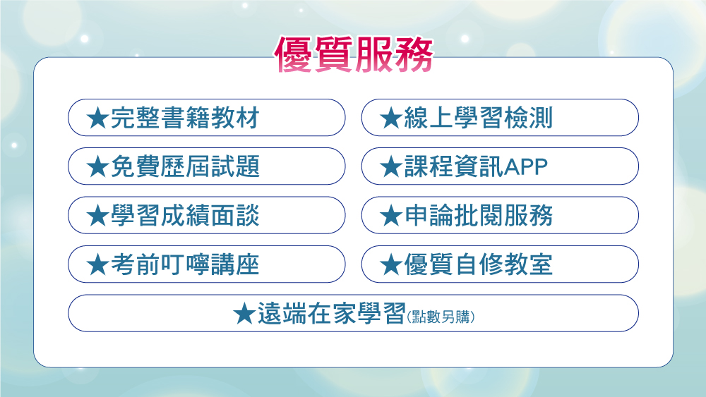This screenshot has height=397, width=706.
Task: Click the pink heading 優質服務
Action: [x=354, y=54]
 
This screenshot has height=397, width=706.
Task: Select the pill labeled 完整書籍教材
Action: [x=207, y=117]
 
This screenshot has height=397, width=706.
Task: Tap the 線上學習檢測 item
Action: [x=500, y=117]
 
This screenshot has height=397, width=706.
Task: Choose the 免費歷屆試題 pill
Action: [x=207, y=166]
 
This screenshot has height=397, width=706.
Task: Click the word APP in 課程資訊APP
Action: [x=526, y=167]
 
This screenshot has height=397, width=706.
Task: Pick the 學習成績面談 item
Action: [x=207, y=215]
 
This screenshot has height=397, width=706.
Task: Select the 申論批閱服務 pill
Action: [x=500, y=215]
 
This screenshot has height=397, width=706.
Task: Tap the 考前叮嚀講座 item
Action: [x=207, y=264]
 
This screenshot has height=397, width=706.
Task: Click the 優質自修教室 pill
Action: [x=500, y=264]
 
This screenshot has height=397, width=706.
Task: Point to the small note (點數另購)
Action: [x=441, y=317]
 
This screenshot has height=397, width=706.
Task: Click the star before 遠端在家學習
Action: [x=244, y=313]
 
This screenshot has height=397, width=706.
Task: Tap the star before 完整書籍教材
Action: [x=97, y=118]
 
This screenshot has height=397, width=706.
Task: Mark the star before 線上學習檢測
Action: [x=391, y=118]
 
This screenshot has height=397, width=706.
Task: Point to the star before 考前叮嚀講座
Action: [x=97, y=264]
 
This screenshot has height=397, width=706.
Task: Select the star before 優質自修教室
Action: [x=391, y=264]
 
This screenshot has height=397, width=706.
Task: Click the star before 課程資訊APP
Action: [x=391, y=167]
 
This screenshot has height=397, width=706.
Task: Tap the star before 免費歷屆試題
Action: [x=97, y=167]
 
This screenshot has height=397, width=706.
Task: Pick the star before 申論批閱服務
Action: [x=391, y=216]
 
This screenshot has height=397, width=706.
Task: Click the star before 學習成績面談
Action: [x=97, y=216]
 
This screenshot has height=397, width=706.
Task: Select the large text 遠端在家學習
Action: [x=331, y=313]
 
